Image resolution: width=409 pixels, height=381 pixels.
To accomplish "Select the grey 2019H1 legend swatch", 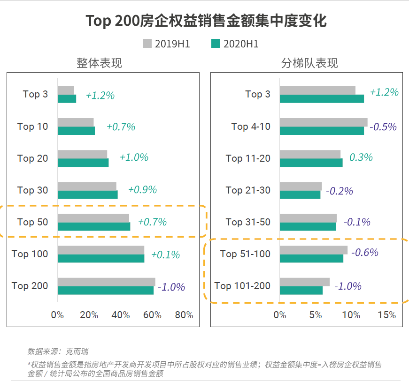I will click(x=147, y=44).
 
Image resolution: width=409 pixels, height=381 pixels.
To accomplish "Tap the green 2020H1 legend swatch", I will click(x=216, y=44).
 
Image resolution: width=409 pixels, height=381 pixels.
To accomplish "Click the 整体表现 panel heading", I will click(x=99, y=63).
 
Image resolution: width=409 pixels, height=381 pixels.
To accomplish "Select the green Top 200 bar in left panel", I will click(x=105, y=291).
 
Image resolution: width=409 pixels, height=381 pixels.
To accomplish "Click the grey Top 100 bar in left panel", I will click(x=100, y=250).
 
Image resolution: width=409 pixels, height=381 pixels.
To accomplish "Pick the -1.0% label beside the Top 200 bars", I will click(x=171, y=287).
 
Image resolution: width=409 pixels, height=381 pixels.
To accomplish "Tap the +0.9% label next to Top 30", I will click(x=142, y=190).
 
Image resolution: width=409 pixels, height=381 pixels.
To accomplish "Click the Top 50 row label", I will click(x=32, y=222).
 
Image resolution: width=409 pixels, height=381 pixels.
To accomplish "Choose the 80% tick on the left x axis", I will click(x=184, y=315).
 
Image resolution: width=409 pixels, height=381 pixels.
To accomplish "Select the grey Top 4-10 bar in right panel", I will click(x=323, y=122).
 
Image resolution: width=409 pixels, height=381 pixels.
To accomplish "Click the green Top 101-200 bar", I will click(x=301, y=291).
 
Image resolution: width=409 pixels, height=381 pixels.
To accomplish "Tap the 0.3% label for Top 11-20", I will click(x=361, y=157).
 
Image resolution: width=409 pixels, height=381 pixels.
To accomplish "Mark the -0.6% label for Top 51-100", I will click(x=364, y=253).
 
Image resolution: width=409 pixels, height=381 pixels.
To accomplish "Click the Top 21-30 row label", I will click(x=248, y=190).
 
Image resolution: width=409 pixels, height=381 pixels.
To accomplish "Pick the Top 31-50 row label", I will click(x=248, y=222).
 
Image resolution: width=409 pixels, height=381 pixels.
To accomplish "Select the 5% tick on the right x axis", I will click(x=316, y=315).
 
